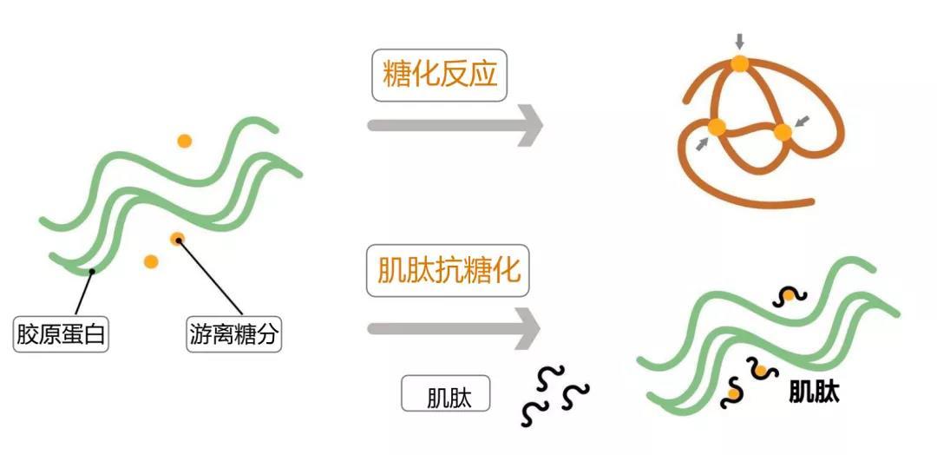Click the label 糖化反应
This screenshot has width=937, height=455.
438,75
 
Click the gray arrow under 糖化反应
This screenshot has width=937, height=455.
455,125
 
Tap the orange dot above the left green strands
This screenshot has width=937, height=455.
184,141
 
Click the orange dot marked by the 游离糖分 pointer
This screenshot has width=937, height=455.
177,238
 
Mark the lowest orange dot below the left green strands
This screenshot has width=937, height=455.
151,260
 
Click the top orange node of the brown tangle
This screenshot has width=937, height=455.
739,63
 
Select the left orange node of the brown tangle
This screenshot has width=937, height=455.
717,128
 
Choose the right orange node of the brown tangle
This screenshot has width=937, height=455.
783,133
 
